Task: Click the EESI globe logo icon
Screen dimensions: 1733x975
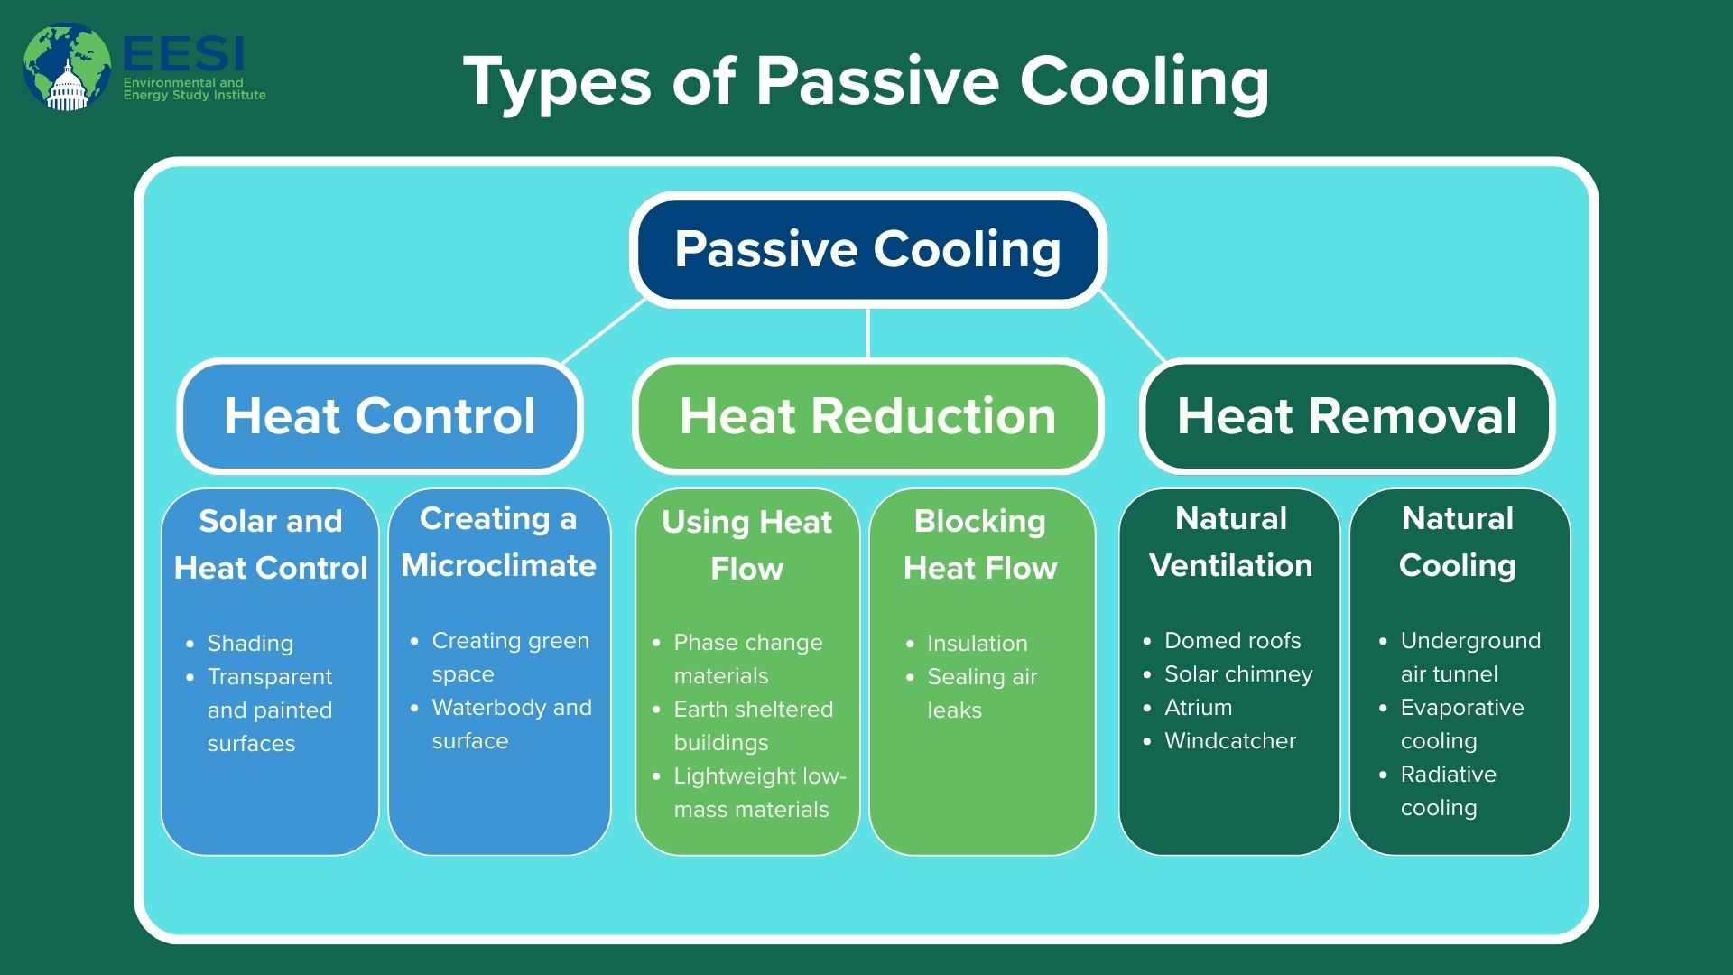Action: (x=67, y=68)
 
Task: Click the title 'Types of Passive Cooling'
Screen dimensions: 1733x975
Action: (x=866, y=82)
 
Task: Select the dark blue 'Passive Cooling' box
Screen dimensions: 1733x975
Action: (x=868, y=249)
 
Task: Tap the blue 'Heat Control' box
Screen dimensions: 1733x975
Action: (x=380, y=416)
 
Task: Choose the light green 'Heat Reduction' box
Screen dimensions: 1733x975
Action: (x=867, y=416)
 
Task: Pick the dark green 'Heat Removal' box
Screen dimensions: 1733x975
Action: (x=1347, y=416)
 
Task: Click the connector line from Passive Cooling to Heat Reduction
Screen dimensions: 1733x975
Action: (x=868, y=333)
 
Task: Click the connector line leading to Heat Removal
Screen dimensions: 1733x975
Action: (x=1132, y=326)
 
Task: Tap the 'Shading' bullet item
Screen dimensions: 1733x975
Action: (x=250, y=643)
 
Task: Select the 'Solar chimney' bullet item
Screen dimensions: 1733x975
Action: (x=1238, y=673)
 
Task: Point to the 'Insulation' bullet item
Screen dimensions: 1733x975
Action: (x=978, y=643)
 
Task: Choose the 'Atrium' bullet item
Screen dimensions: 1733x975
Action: (x=1198, y=707)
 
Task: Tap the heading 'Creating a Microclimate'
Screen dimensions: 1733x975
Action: (x=498, y=542)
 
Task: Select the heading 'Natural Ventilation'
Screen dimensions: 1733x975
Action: (x=1231, y=542)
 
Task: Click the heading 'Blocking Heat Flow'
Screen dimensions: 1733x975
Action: (x=980, y=544)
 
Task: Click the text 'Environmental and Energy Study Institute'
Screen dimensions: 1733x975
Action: (x=195, y=88)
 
